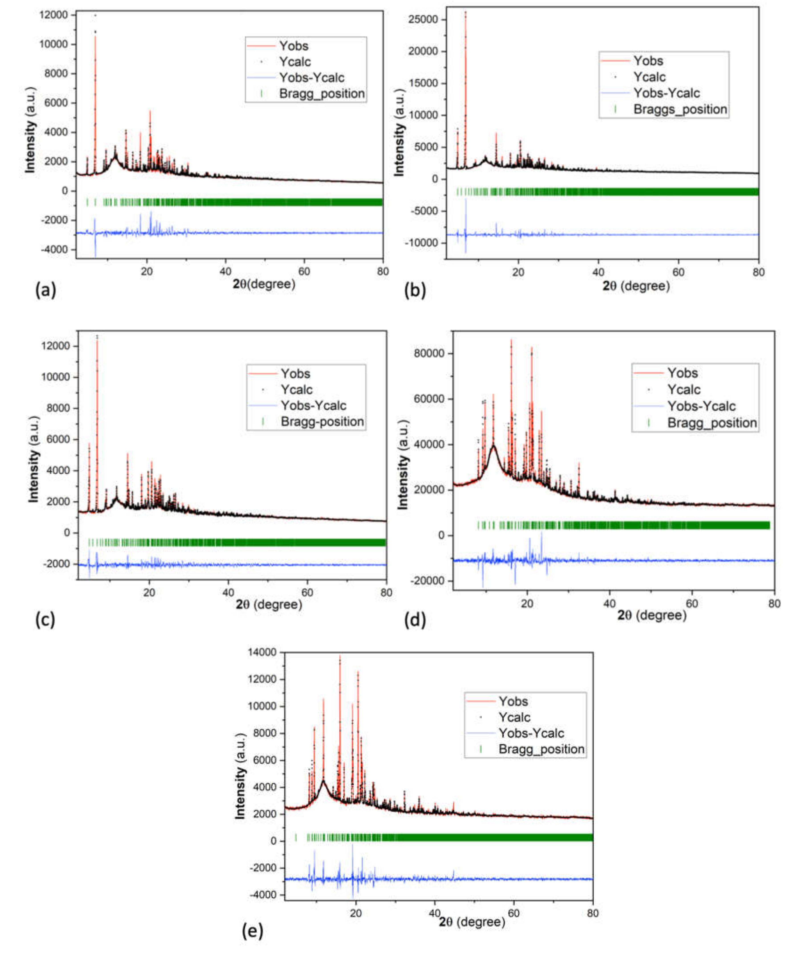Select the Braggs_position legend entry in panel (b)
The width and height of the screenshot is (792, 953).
[x=679, y=109]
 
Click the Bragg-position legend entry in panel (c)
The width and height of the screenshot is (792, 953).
[x=322, y=422]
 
